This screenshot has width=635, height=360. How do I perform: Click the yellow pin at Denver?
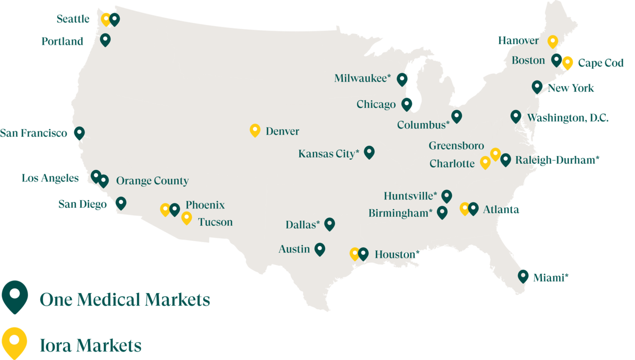point(255,130)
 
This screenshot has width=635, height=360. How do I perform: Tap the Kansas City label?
point(329,154)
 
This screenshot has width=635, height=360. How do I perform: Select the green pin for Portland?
point(105,40)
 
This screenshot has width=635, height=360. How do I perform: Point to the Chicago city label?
point(376,104)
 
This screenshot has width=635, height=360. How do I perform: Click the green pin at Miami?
point(523,276)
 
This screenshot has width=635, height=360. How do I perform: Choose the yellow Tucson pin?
point(186,218)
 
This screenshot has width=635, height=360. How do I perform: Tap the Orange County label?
point(152,181)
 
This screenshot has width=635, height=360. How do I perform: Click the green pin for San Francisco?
point(79,133)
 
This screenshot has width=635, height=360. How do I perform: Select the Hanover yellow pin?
point(552,41)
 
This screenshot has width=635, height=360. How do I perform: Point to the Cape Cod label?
point(601,63)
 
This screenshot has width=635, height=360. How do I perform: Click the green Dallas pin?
point(329,224)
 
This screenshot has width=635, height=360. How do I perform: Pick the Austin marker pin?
point(320,249)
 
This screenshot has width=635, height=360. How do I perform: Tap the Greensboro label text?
point(456,146)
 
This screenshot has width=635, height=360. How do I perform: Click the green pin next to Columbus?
point(456,116)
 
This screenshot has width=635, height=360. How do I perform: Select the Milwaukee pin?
point(402,79)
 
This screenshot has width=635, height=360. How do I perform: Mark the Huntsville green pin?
point(447,195)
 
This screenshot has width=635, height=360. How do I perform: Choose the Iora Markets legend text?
point(91,345)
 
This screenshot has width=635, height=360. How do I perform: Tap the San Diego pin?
point(121,203)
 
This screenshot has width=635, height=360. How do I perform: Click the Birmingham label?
point(400,213)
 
